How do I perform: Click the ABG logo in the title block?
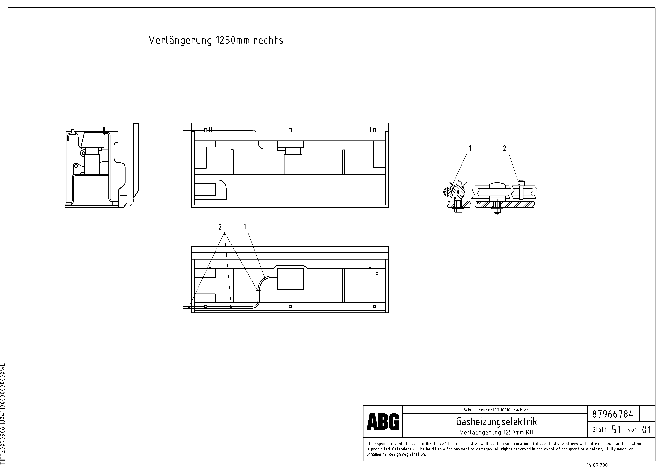383,422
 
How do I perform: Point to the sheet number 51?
616,430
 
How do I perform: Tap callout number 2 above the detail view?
505,148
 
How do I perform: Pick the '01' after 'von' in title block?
647,430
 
